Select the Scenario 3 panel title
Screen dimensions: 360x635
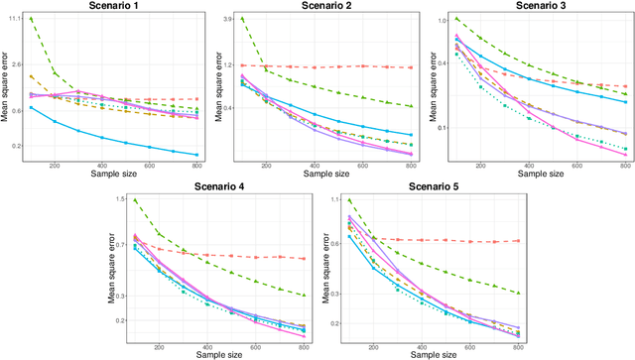pyautogui.click(x=538, y=6)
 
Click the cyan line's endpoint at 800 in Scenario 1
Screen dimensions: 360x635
pyautogui.click(x=197, y=155)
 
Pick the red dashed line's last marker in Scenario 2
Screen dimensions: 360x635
pyautogui.click(x=412, y=66)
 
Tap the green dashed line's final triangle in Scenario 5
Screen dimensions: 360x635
pyautogui.click(x=519, y=294)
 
